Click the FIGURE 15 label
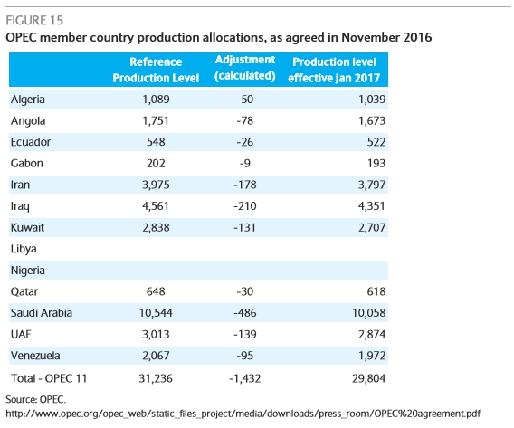34,20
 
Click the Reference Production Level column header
156,70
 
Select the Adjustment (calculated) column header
245,68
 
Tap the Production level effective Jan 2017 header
334,70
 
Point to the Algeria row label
27,100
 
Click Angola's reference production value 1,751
156,121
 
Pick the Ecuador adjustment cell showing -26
245,142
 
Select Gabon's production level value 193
376,163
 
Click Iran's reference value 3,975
156,185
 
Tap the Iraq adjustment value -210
245,206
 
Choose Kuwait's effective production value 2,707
372,227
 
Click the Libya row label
24,249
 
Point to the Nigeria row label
27,271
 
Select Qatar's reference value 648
156,291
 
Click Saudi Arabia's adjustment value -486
245,313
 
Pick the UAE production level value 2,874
372,334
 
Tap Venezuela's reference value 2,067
156,356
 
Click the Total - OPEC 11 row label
49,378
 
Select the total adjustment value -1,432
245,378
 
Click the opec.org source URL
243,414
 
